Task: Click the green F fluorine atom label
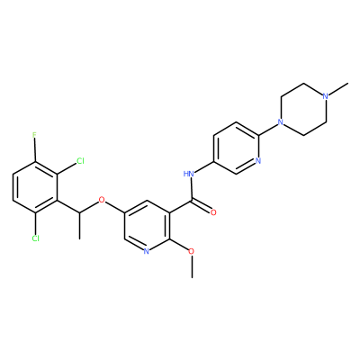click(35, 135)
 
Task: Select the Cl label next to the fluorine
click(80, 161)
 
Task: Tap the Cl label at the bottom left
click(35, 238)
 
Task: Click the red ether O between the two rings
click(102, 200)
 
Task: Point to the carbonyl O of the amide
click(213, 212)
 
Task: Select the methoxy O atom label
click(192, 251)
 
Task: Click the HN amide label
click(189, 174)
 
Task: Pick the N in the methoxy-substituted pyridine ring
click(147, 251)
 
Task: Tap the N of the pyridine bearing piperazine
click(258, 161)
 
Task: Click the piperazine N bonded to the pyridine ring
click(281, 122)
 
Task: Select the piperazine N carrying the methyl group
click(326, 96)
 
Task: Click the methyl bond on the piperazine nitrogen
click(338, 89)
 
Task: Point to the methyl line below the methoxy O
click(192, 266)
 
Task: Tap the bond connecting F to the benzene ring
click(35, 150)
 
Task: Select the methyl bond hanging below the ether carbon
click(80, 226)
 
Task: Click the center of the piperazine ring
click(303, 109)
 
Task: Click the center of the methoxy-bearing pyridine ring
click(147, 226)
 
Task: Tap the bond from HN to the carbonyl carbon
click(192, 189)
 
